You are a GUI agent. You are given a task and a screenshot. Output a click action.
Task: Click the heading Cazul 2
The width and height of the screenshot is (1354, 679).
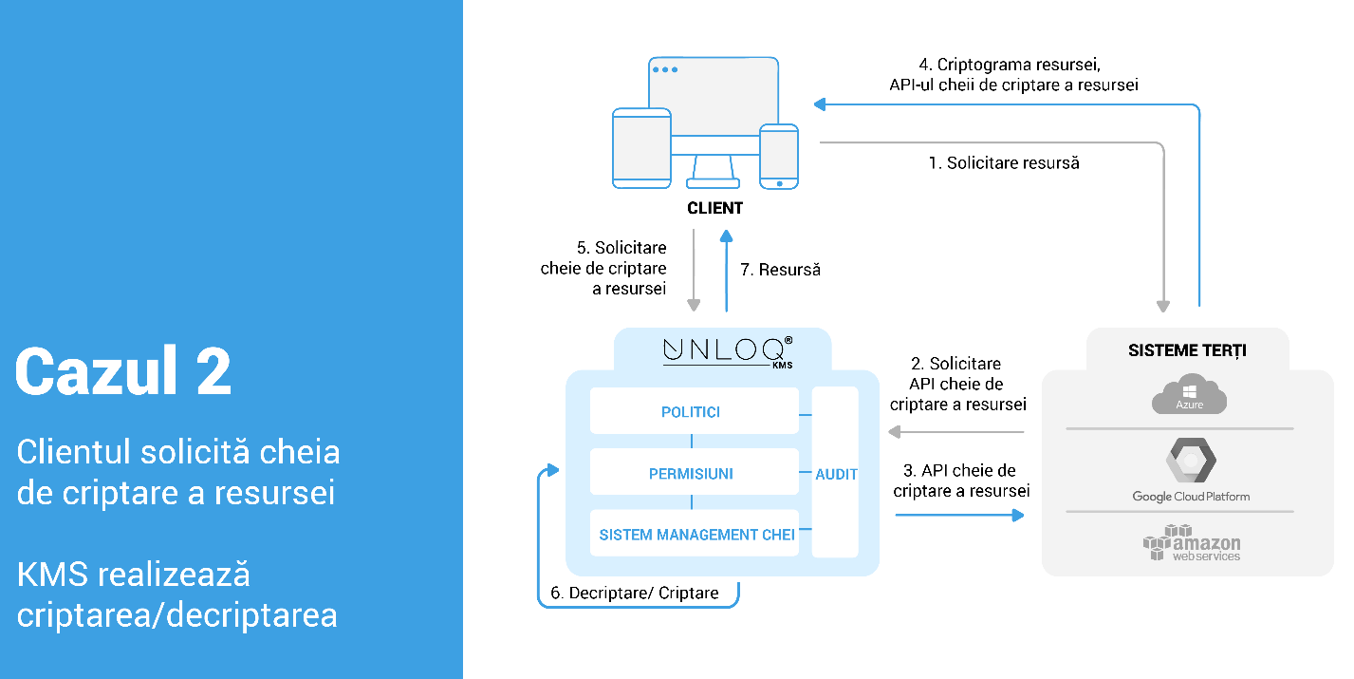[123, 371]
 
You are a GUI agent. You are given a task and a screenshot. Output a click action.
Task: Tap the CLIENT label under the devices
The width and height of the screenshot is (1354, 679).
[714, 208]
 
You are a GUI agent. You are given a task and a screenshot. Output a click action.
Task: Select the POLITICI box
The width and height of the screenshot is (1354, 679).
[694, 412]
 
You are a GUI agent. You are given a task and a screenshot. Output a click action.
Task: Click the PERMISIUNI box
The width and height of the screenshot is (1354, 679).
[694, 473]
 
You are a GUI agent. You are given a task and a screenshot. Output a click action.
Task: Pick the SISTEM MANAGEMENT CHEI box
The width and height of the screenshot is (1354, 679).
[694, 535]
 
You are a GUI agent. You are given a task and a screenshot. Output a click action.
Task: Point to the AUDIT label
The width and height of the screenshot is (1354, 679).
[836, 473]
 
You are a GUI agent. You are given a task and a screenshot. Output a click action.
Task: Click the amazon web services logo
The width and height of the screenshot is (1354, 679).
[1191, 543]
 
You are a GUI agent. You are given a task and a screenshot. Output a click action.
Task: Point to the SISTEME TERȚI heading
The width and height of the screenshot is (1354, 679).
[1187, 350]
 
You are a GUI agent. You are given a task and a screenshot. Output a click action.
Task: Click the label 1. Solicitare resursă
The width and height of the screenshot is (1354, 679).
[1003, 162]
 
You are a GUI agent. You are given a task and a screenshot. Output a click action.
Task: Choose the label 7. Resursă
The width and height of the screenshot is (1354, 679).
[780, 270]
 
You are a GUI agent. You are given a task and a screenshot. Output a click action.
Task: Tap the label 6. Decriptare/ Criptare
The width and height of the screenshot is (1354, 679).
[635, 594]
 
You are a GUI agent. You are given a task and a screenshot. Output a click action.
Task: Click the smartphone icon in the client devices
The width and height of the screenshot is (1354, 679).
[779, 156]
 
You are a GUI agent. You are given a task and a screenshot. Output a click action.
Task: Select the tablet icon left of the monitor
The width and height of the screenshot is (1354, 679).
[641, 146]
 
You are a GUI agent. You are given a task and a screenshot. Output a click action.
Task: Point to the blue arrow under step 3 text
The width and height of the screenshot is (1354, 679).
[959, 515]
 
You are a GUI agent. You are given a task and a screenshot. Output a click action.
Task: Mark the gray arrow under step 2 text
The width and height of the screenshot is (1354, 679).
[956, 433]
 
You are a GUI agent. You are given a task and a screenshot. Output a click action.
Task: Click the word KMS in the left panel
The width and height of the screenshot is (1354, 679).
[59, 574]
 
